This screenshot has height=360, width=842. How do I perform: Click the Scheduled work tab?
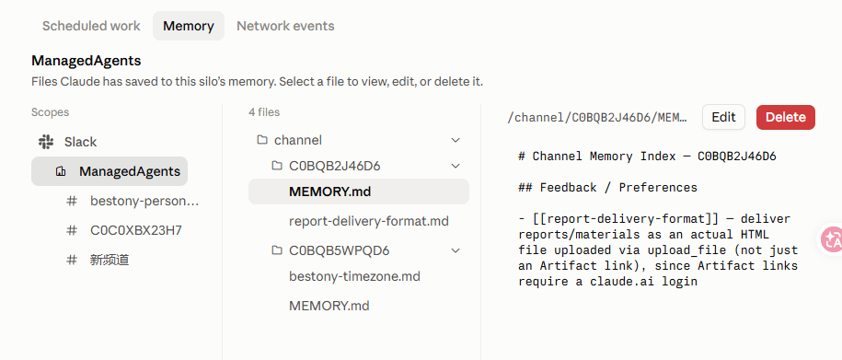[x=91, y=26]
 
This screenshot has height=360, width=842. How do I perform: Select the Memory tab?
[x=189, y=26]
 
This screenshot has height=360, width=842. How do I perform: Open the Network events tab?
[x=285, y=26]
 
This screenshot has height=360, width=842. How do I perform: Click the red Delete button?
[x=786, y=117]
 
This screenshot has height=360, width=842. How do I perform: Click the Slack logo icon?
[x=46, y=142]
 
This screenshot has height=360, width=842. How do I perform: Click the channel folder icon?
[x=262, y=140]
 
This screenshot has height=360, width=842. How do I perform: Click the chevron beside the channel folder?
[x=456, y=140]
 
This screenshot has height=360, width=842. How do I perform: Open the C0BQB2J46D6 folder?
[x=335, y=166]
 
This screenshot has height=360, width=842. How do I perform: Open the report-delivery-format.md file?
[x=368, y=221]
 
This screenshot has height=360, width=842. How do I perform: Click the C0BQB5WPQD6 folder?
[x=339, y=250]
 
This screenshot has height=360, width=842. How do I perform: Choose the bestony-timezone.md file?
[x=354, y=277]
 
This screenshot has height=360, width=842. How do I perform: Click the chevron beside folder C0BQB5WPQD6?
[x=456, y=250]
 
